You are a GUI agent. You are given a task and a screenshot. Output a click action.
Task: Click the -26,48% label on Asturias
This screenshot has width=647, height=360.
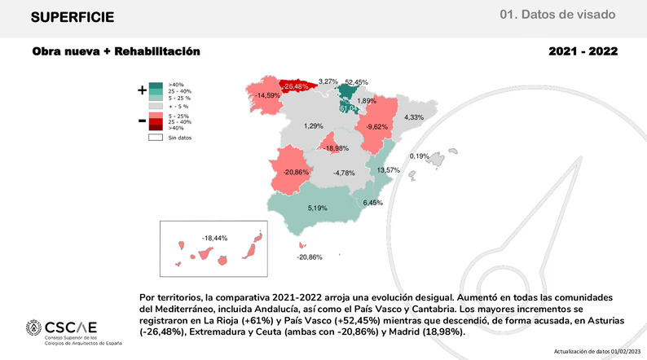click(x=295, y=86)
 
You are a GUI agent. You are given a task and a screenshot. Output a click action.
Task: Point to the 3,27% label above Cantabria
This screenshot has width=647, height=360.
click(x=328, y=81)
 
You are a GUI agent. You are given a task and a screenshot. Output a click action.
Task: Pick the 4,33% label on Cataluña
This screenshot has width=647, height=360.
click(x=414, y=117)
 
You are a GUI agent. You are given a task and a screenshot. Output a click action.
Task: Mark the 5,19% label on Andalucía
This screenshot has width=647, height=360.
click(x=317, y=209)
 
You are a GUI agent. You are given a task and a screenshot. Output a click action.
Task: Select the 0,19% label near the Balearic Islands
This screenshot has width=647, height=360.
click(x=419, y=156)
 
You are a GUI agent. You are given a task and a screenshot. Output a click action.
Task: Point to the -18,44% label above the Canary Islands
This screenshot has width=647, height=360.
click(x=213, y=238)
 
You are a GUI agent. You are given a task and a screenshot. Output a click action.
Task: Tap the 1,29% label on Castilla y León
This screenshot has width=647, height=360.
click(x=314, y=126)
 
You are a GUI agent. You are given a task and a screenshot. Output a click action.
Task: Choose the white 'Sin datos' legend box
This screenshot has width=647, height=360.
click(x=153, y=138)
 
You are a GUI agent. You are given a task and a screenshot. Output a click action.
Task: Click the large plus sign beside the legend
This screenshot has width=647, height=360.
click(x=142, y=90)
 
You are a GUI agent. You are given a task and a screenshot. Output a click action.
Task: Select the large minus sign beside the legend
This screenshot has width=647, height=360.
click(x=142, y=121)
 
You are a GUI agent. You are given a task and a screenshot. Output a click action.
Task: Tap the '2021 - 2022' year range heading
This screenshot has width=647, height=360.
click(x=583, y=52)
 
